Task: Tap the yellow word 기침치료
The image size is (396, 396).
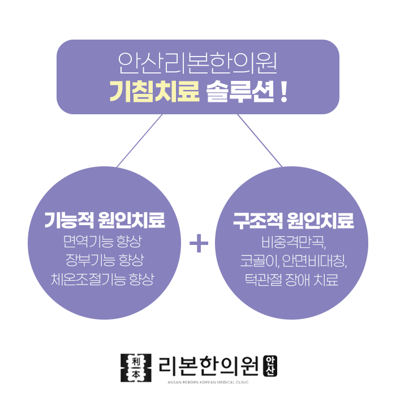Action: click(154, 91)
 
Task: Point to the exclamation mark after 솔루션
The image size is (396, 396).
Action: click(283, 91)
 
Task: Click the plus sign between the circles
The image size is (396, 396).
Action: click(199, 244)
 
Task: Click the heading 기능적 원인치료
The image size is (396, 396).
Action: click(105, 221)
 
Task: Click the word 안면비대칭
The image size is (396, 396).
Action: click(309, 261)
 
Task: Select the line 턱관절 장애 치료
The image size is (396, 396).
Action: click(291, 279)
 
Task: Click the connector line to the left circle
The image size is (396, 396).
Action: click(140, 140)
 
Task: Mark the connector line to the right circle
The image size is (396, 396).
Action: click(259, 140)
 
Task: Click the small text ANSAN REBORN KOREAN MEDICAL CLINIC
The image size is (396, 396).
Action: click(209, 381)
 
